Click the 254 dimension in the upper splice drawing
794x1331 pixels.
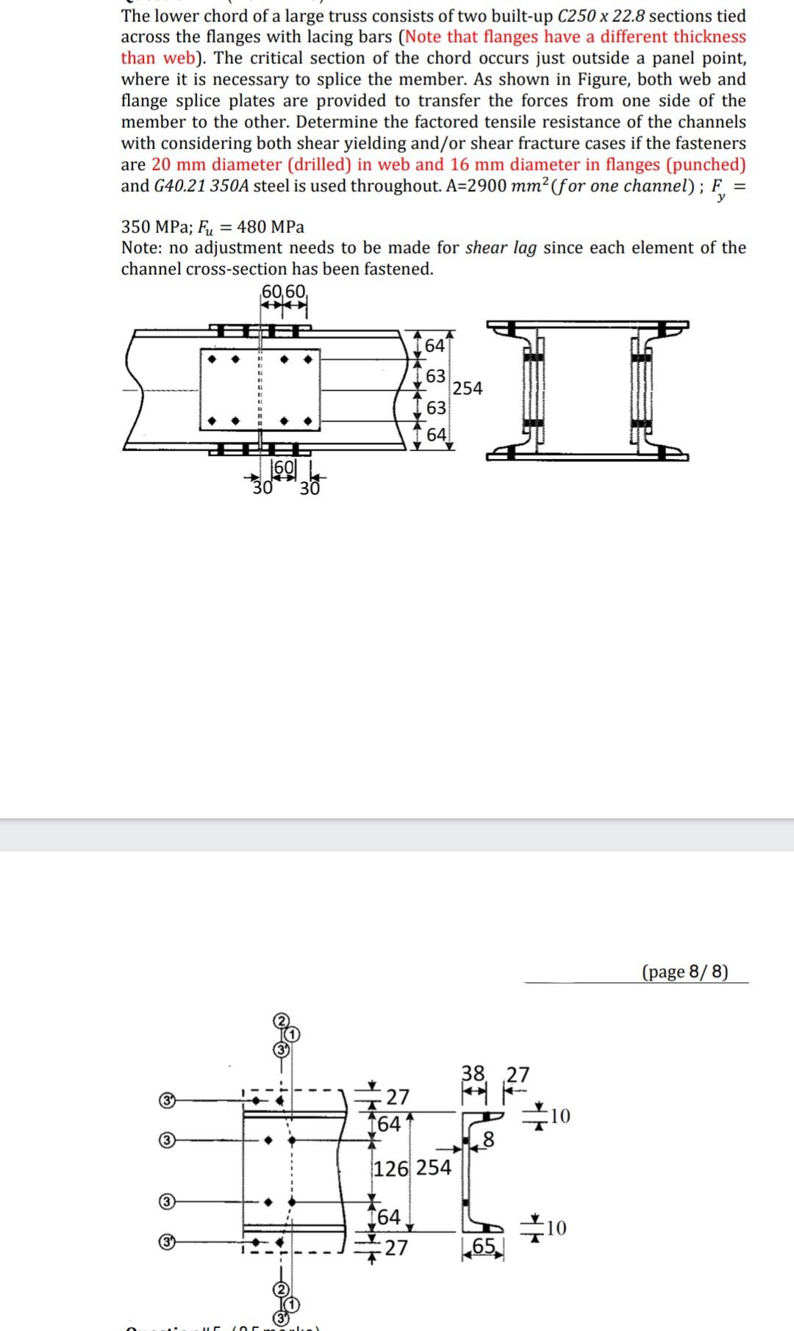tap(468, 388)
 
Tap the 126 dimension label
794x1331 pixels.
tap(392, 1168)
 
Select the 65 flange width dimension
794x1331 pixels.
tap(484, 1247)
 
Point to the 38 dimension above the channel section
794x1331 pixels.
tap(473, 1073)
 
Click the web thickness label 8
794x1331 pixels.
tap(488, 1141)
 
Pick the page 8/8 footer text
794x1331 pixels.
tap(685, 971)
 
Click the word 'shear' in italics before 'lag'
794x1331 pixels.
tap(487, 248)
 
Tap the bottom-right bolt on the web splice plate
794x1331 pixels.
tap(309, 422)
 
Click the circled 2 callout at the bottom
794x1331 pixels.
tap(280, 1290)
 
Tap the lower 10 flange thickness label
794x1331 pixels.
tap(555, 1227)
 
